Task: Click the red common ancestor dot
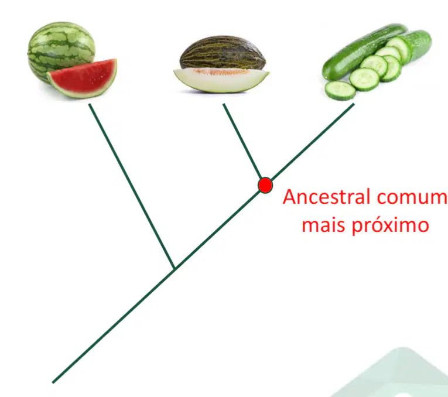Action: tap(265, 185)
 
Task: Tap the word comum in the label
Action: tap(412, 198)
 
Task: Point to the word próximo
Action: tap(390, 226)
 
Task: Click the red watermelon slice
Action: tap(83, 78)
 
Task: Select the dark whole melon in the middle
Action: tap(223, 53)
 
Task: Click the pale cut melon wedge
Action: tap(221, 80)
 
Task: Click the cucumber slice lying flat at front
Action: tap(340, 91)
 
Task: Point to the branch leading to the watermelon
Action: tap(132, 186)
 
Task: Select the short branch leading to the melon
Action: tap(242, 141)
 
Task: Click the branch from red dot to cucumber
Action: tap(313, 142)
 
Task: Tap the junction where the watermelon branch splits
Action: tap(175, 268)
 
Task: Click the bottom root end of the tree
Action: tap(53, 382)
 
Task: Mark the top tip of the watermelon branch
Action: tap(90, 104)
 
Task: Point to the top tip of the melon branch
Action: tap(224, 104)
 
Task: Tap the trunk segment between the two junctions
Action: tap(217, 230)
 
